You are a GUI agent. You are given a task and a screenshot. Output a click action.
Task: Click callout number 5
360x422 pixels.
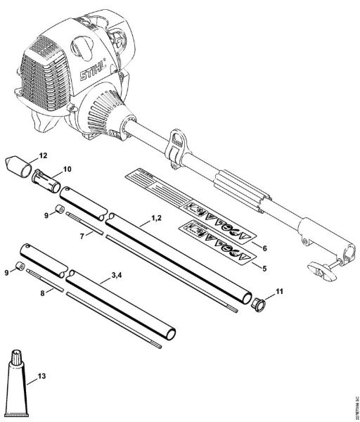tap(264, 268)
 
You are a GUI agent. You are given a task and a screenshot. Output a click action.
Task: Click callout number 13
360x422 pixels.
tap(42, 378)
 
